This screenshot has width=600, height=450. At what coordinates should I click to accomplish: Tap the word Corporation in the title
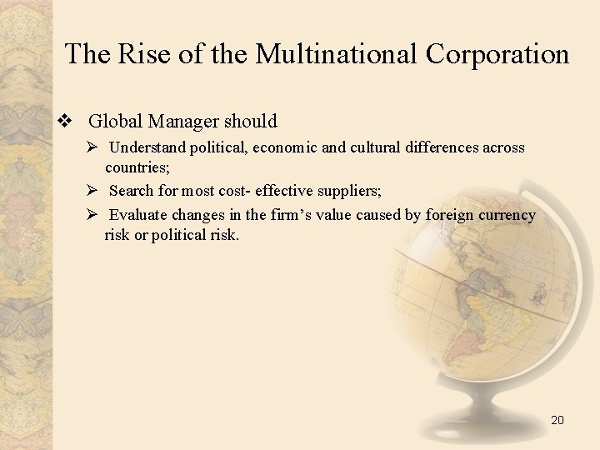[x=497, y=54]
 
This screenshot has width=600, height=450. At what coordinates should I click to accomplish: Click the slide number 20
[x=557, y=420]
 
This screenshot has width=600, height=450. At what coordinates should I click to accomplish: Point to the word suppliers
[x=345, y=190]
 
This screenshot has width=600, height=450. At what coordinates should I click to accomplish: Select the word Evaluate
[x=137, y=215]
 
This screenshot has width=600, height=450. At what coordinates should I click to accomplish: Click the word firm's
[x=291, y=215]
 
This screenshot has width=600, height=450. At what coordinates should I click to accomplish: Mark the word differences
[x=447, y=147]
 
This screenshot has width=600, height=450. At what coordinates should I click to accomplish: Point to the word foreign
[x=448, y=215]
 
